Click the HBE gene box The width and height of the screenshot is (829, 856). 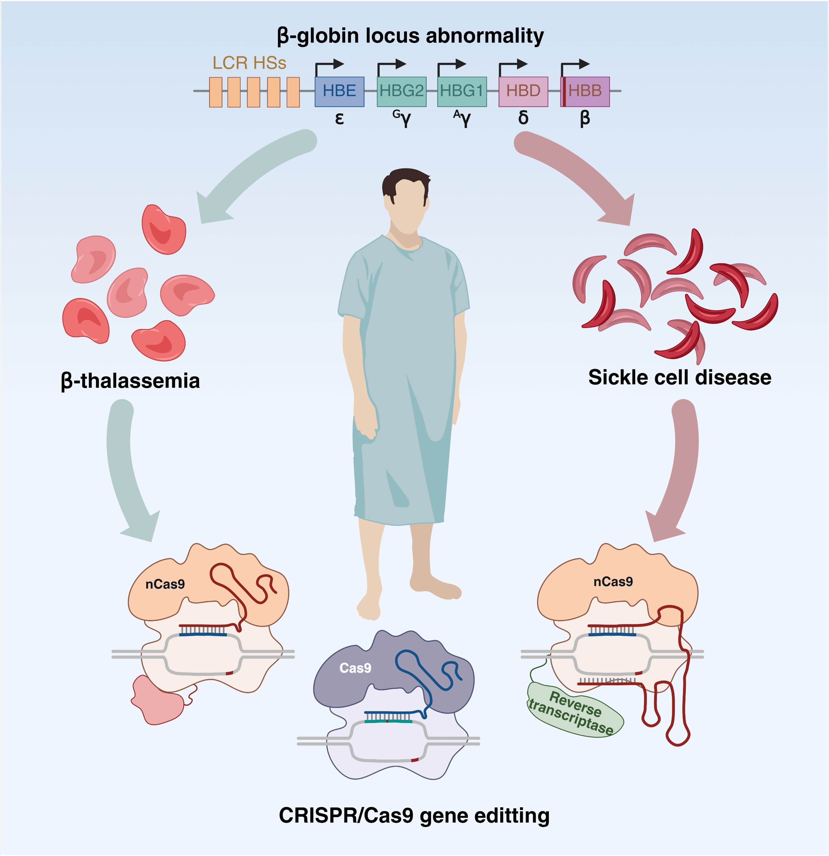point(339,91)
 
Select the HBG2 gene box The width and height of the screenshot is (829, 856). point(401,91)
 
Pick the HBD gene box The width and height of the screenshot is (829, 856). point(523,91)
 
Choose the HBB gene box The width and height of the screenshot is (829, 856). point(587,91)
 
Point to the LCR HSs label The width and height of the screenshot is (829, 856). point(249,63)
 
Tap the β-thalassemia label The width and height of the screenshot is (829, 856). point(130,381)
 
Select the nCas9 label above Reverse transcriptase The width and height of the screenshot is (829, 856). point(613,582)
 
